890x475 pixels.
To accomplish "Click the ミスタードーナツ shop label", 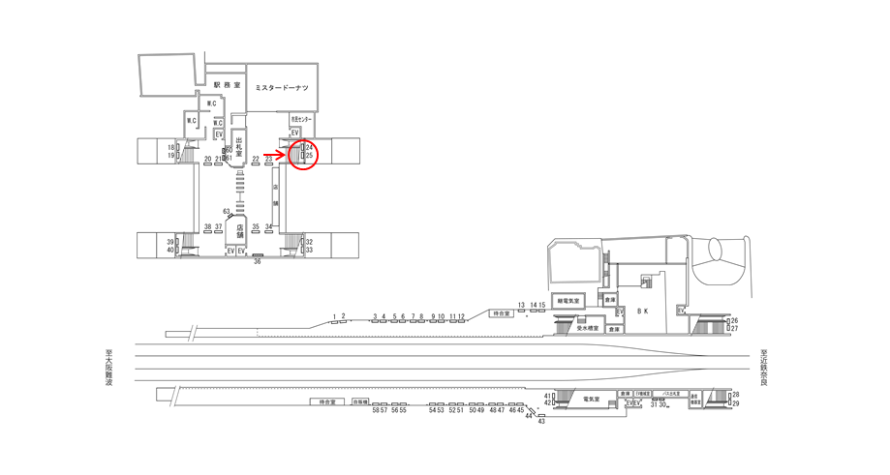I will click(x=281, y=88).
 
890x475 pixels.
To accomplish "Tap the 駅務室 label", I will click(x=227, y=85).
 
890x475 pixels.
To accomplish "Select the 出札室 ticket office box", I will click(x=237, y=147).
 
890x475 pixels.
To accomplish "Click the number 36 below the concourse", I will click(x=258, y=261).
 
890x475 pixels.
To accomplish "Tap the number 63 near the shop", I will click(x=226, y=211).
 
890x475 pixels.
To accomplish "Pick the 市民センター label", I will click(x=300, y=119).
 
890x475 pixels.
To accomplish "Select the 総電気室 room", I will click(x=568, y=301).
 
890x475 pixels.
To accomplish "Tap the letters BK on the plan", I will click(x=641, y=312).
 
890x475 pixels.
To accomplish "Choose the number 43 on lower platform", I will click(x=541, y=421).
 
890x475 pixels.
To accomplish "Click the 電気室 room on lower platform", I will click(x=591, y=399).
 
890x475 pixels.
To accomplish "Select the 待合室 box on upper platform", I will click(x=500, y=313).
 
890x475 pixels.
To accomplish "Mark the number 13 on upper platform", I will click(x=521, y=305).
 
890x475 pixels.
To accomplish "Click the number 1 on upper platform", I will click(x=334, y=316).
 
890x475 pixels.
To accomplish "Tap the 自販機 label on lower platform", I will click(x=360, y=401).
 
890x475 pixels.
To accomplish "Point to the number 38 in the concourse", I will click(x=207, y=226).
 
